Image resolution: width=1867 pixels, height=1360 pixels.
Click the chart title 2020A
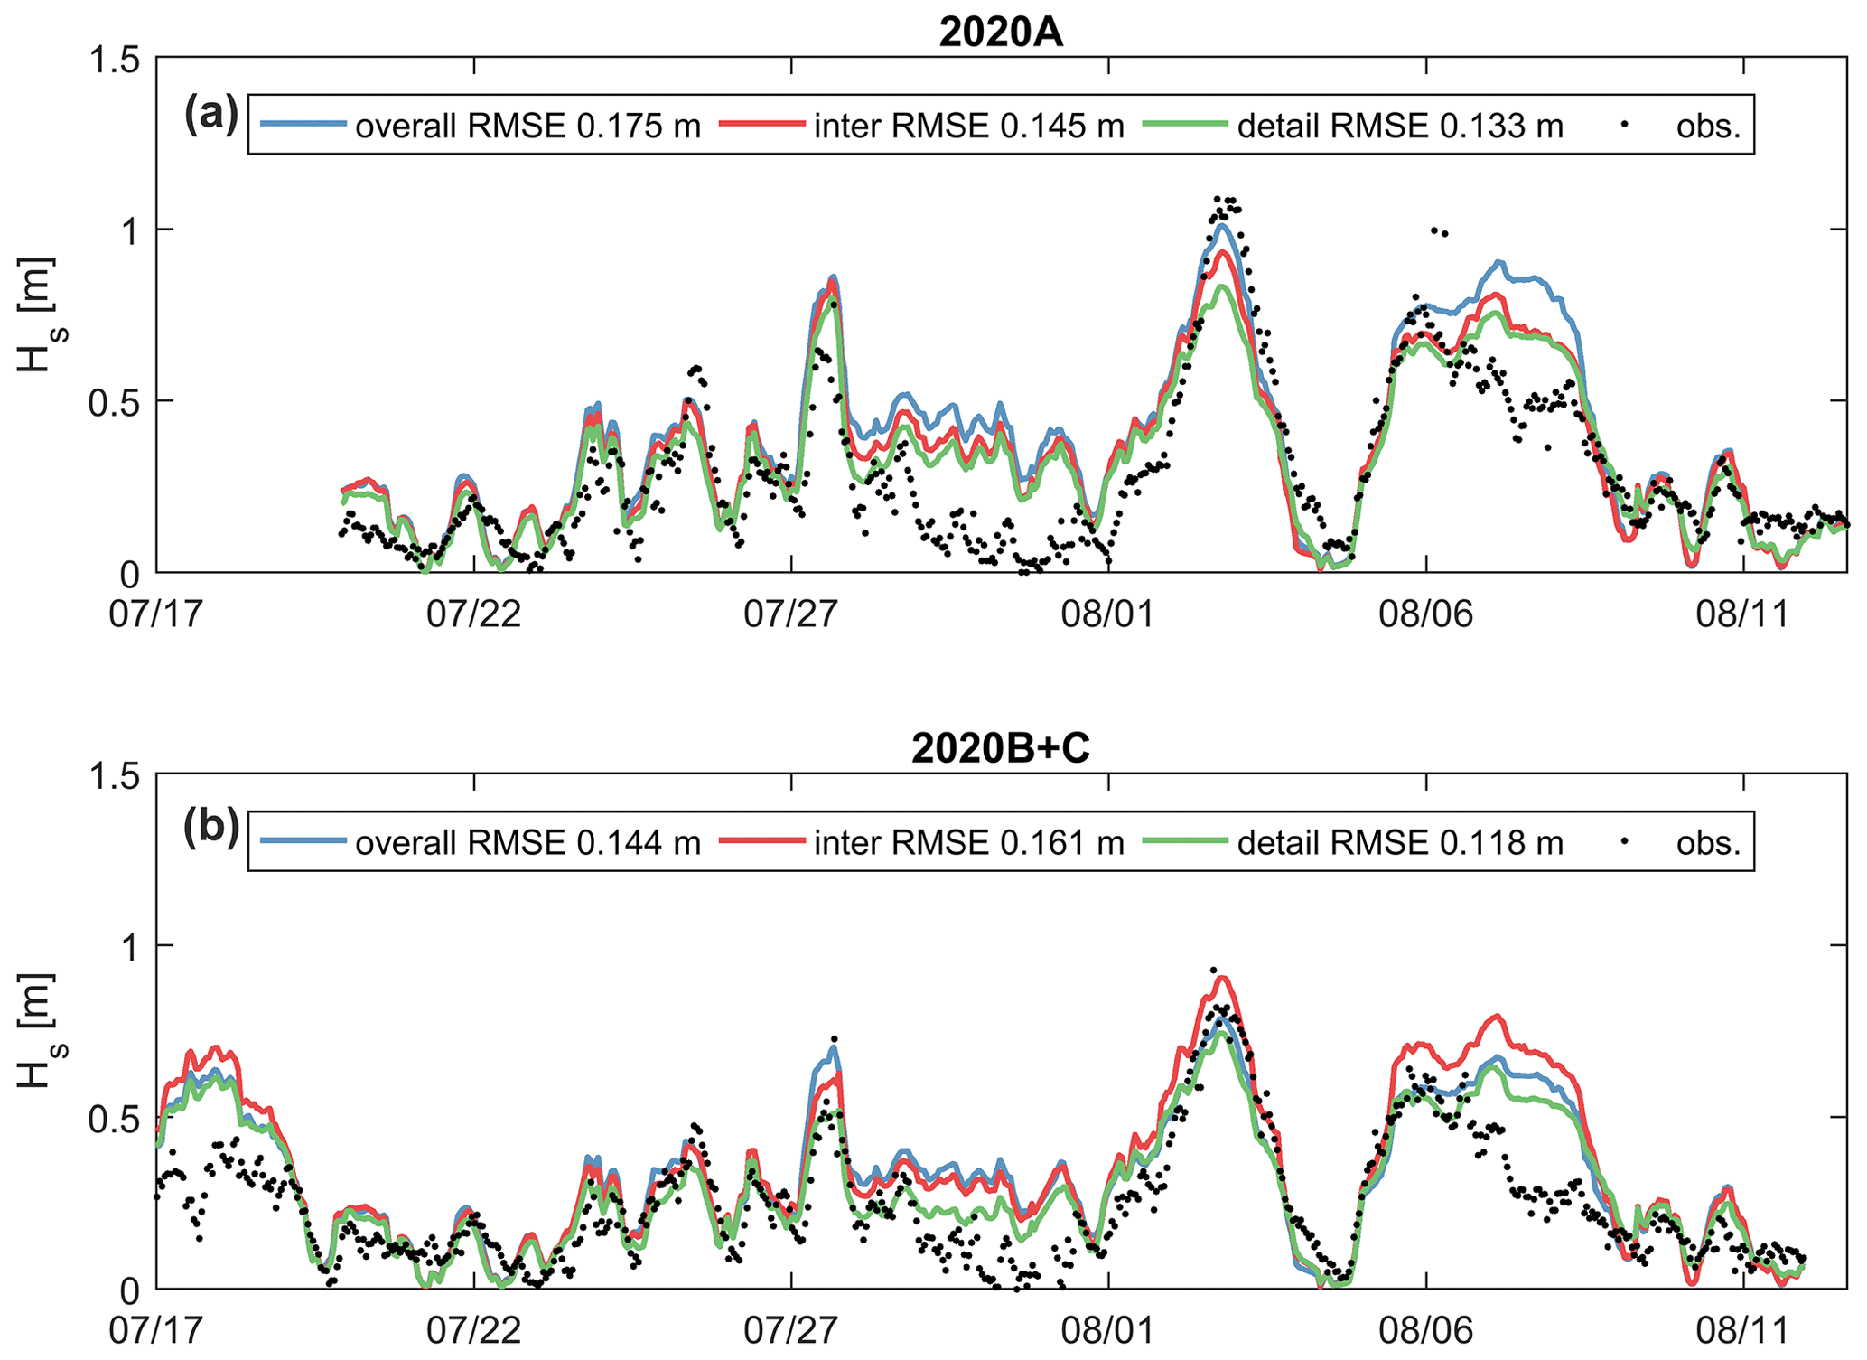tap(1001, 33)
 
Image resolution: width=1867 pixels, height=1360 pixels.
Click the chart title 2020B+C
tap(1001, 748)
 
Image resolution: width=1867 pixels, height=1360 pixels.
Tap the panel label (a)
tap(211, 115)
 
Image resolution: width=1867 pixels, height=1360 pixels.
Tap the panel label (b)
tap(211, 830)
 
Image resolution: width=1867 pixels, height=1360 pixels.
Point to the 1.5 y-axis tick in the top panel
tap(116, 60)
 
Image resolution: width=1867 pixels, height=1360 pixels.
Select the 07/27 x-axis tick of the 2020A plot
tap(791, 614)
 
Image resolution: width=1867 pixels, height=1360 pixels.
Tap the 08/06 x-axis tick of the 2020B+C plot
tap(1426, 1330)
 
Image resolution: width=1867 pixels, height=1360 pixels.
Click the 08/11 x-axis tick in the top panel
tap(1743, 614)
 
